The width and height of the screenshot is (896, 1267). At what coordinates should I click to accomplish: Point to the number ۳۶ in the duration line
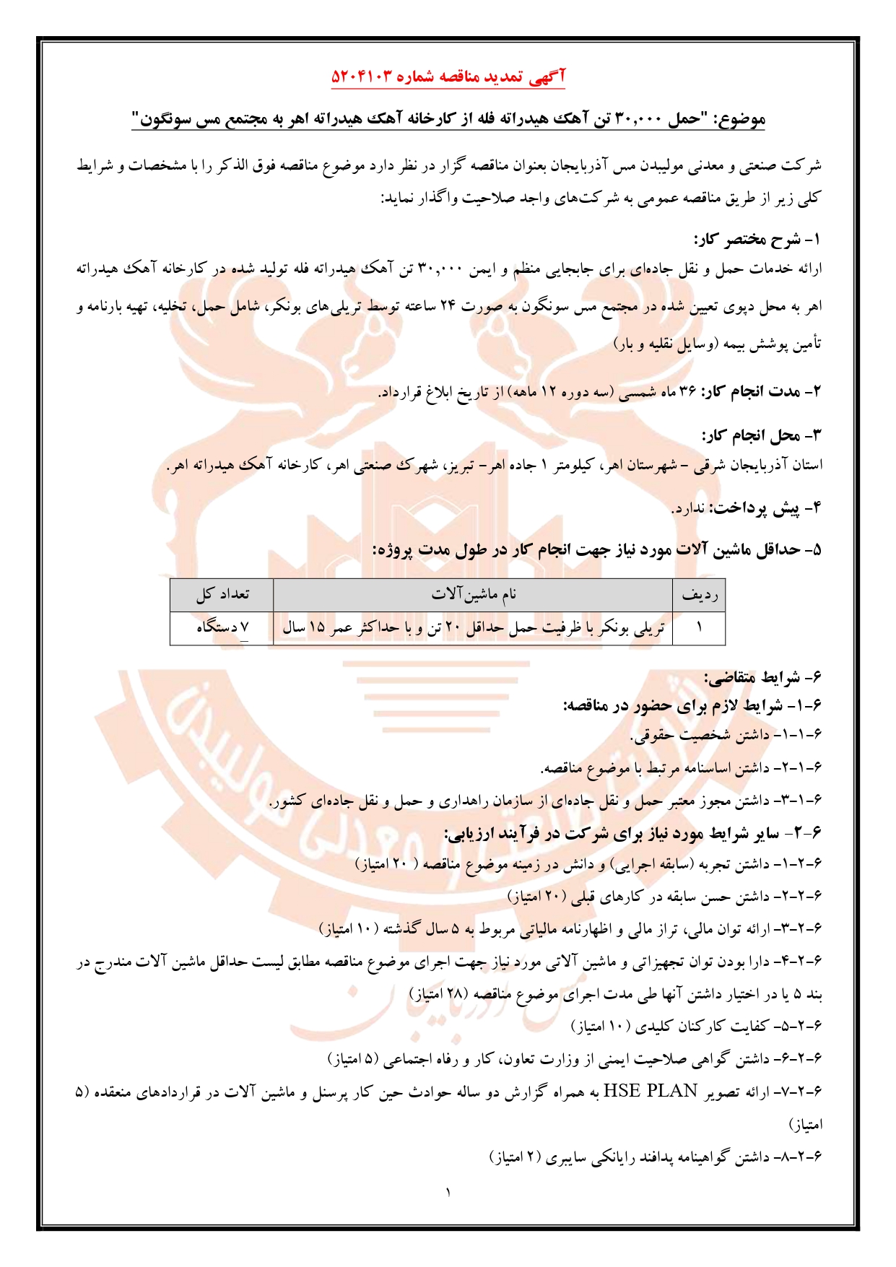687,392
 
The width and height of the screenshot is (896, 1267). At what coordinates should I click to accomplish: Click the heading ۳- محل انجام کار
762,435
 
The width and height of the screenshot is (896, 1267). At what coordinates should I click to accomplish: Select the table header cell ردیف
699,595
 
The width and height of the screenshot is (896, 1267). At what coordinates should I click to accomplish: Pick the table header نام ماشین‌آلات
474,595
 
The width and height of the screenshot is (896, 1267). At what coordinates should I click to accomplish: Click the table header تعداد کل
222,595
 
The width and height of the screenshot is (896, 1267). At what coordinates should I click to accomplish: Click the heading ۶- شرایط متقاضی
763,677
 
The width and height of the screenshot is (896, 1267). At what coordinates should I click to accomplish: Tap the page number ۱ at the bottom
448,1192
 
